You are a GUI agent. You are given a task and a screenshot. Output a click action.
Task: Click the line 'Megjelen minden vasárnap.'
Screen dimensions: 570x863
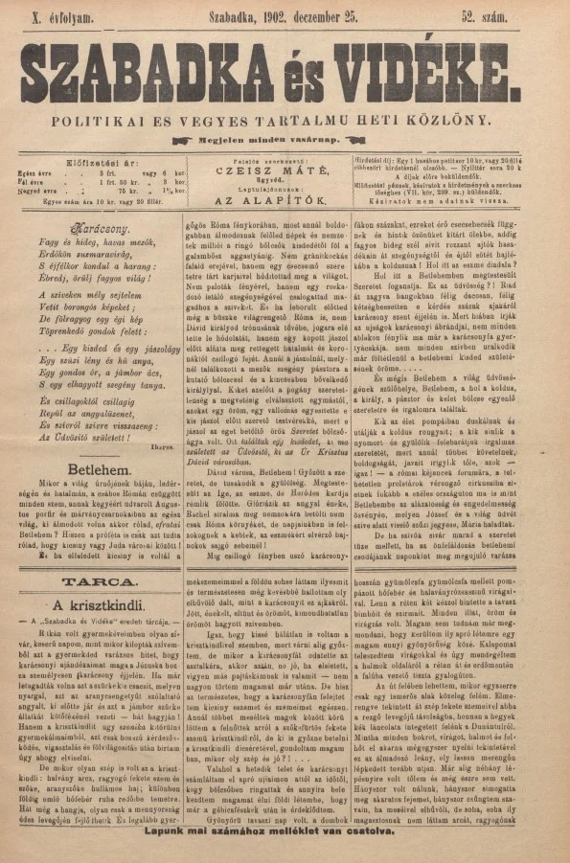(288, 140)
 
